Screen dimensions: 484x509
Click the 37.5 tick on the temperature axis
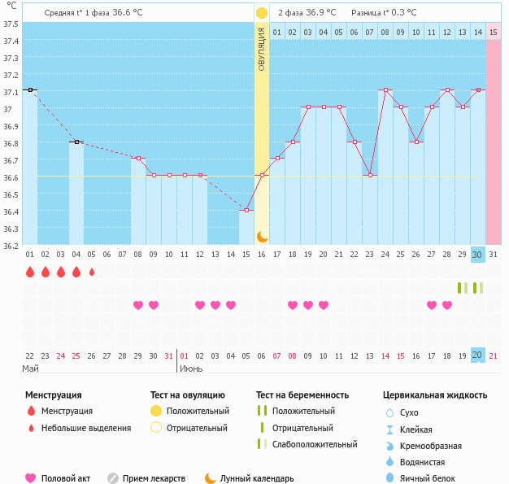pyautogui.click(x=11, y=24)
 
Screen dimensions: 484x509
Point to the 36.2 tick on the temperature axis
pyautogui.click(x=11, y=245)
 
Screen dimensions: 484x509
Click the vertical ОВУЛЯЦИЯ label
pyautogui.click(x=262, y=49)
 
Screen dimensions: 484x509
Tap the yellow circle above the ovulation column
pyautogui.click(x=262, y=13)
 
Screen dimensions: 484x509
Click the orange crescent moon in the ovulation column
pyautogui.click(x=262, y=236)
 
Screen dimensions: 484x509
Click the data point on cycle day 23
pyautogui.click(x=370, y=176)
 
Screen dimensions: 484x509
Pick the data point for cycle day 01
pyautogui.click(x=30, y=90)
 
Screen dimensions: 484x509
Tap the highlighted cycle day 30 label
pyautogui.click(x=477, y=255)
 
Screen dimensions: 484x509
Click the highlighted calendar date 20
pyautogui.click(x=477, y=355)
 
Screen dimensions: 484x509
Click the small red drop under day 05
pyautogui.click(x=92, y=272)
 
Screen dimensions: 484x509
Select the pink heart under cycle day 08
pyautogui.click(x=138, y=305)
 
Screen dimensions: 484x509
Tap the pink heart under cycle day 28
pyautogui.click(x=447, y=305)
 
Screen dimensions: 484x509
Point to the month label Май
pyautogui.click(x=30, y=368)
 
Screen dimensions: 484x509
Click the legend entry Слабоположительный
pyautogui.click(x=315, y=444)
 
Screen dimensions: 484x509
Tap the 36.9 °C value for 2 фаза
pyautogui.click(x=322, y=13)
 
